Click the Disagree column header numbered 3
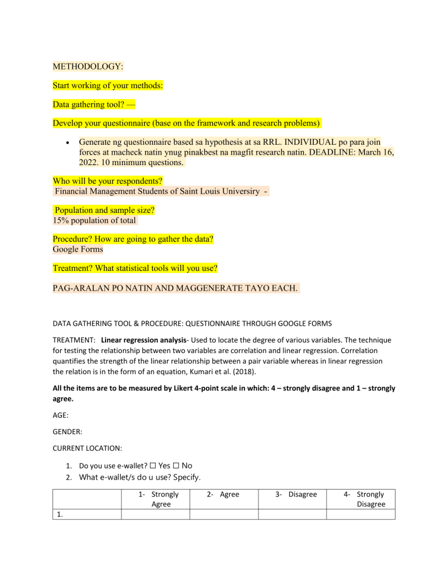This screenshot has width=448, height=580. coord(296,494)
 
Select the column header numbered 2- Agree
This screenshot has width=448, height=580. coord(222,494)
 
